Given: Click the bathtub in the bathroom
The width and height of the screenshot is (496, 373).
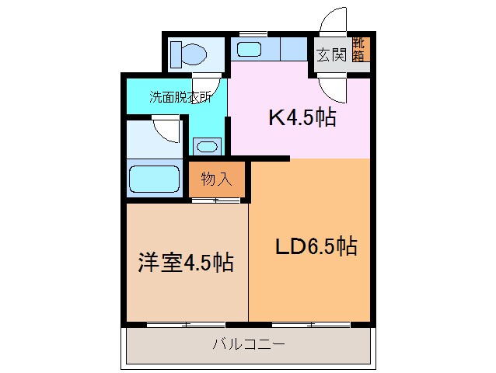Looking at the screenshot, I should tap(153, 180).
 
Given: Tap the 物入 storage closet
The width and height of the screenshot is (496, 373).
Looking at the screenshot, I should tap(217, 180).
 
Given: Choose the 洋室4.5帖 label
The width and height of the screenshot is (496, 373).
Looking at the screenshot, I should tap(185, 263).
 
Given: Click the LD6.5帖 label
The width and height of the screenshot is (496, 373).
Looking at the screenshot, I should tap(316, 248).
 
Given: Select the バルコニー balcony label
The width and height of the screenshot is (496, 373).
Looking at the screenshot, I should tap(249, 343).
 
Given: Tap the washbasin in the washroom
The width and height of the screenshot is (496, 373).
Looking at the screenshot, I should tap(206, 145).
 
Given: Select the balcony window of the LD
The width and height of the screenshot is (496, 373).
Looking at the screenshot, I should tap(310, 322).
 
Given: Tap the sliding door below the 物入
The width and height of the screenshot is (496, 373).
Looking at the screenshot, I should tap(216, 201).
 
